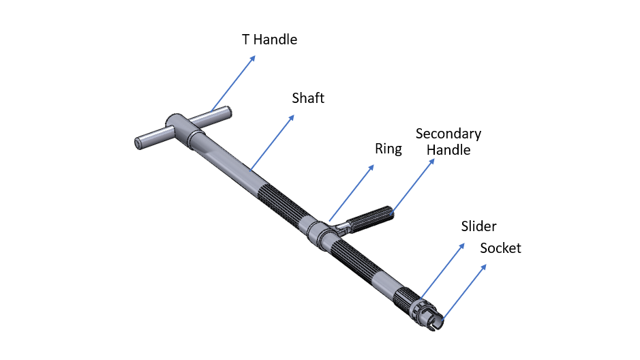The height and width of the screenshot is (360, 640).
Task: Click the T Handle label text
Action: tap(269, 40)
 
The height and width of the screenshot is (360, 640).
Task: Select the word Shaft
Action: tap(308, 98)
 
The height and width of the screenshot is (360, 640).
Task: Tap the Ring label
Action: tap(388, 149)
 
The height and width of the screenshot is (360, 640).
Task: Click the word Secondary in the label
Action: tap(448, 134)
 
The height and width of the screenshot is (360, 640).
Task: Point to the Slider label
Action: tap(478, 226)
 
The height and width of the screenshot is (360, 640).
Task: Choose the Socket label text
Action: tap(500, 248)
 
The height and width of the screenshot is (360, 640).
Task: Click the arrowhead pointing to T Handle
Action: tap(253, 57)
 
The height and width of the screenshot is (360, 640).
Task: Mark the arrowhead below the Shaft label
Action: tap(293, 117)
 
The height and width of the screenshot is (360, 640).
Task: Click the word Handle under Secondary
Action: tap(448, 149)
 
